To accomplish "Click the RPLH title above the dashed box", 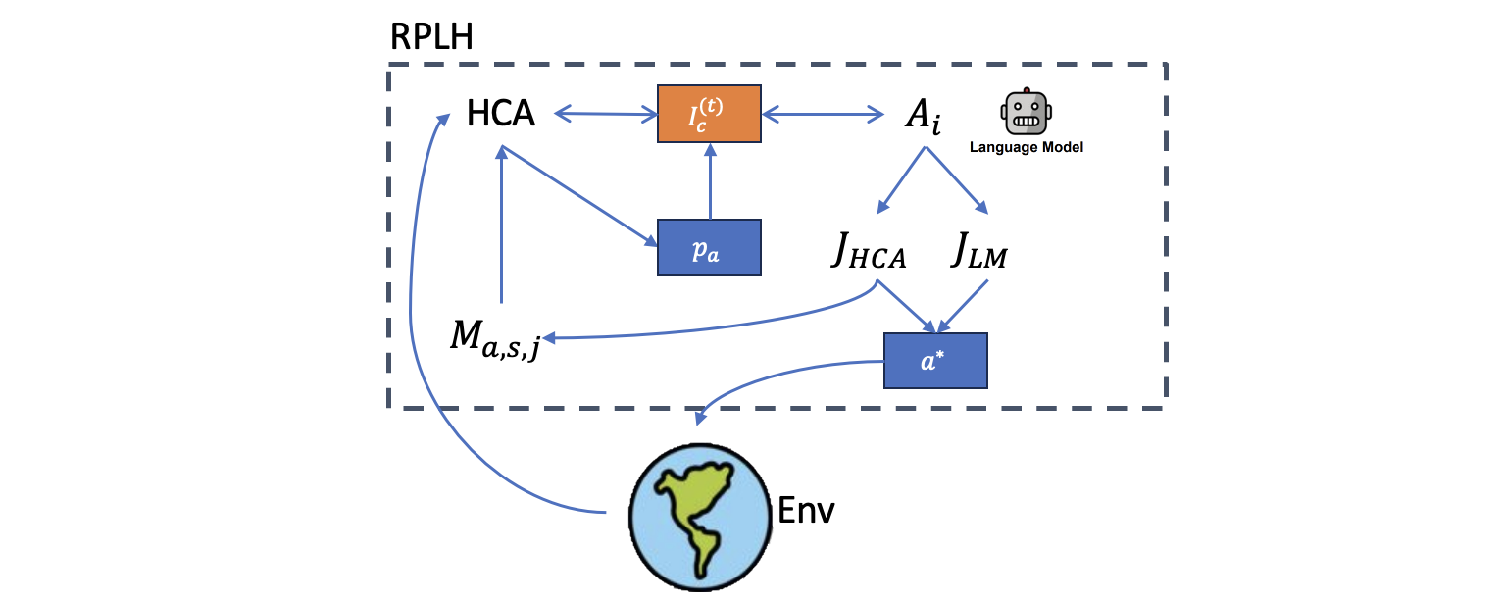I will [431, 37].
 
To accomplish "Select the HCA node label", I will [501, 114].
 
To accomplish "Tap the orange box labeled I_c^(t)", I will [709, 114].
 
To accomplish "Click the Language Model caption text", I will [1026, 148].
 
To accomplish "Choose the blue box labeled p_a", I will [709, 247].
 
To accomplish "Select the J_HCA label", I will [868, 255].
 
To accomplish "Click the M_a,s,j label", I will [495, 338].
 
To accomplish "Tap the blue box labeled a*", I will [934, 361].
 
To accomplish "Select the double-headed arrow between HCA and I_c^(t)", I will [605, 115].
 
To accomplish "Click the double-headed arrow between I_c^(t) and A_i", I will [823, 115].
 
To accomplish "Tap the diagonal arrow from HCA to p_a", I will [578, 196].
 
